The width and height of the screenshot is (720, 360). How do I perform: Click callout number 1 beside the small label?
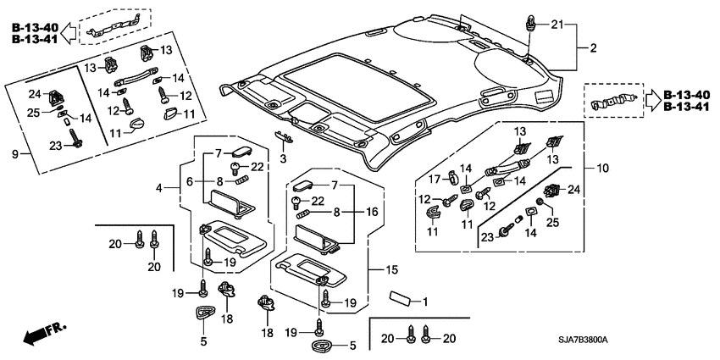(425, 302)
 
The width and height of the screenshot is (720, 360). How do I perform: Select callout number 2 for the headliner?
(593, 48)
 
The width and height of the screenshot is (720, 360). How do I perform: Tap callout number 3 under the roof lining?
(284, 158)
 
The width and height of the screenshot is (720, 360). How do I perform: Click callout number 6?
(191, 180)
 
